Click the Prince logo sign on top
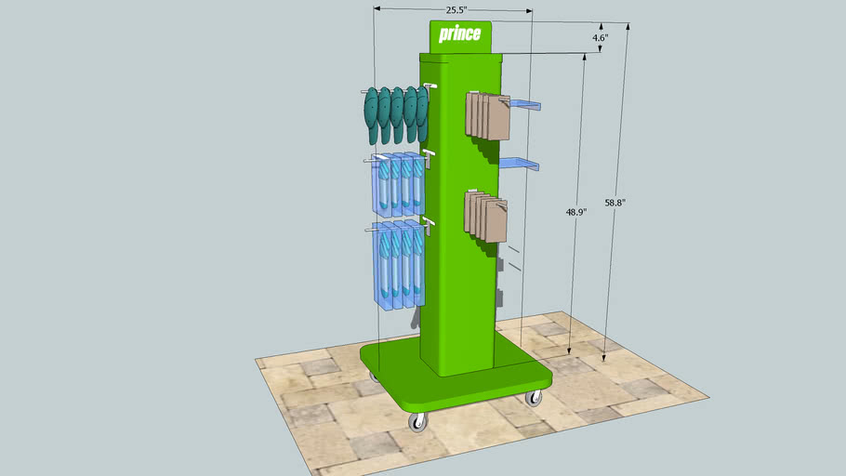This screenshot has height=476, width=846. pos(460,35)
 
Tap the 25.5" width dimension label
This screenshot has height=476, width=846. pos(455,10)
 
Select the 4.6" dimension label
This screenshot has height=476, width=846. pos(601,38)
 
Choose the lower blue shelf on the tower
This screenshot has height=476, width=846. pos(521,164)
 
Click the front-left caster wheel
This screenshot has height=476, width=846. pos(417,423)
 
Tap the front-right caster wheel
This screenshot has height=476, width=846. pos(534,399)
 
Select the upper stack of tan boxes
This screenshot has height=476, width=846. pos(486,115)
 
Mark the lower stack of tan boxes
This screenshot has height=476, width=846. pos(486,216)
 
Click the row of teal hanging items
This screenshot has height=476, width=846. pos(396,113)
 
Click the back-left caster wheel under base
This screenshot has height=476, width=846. pos(375,377)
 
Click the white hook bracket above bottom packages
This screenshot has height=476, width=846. pos(428,221)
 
